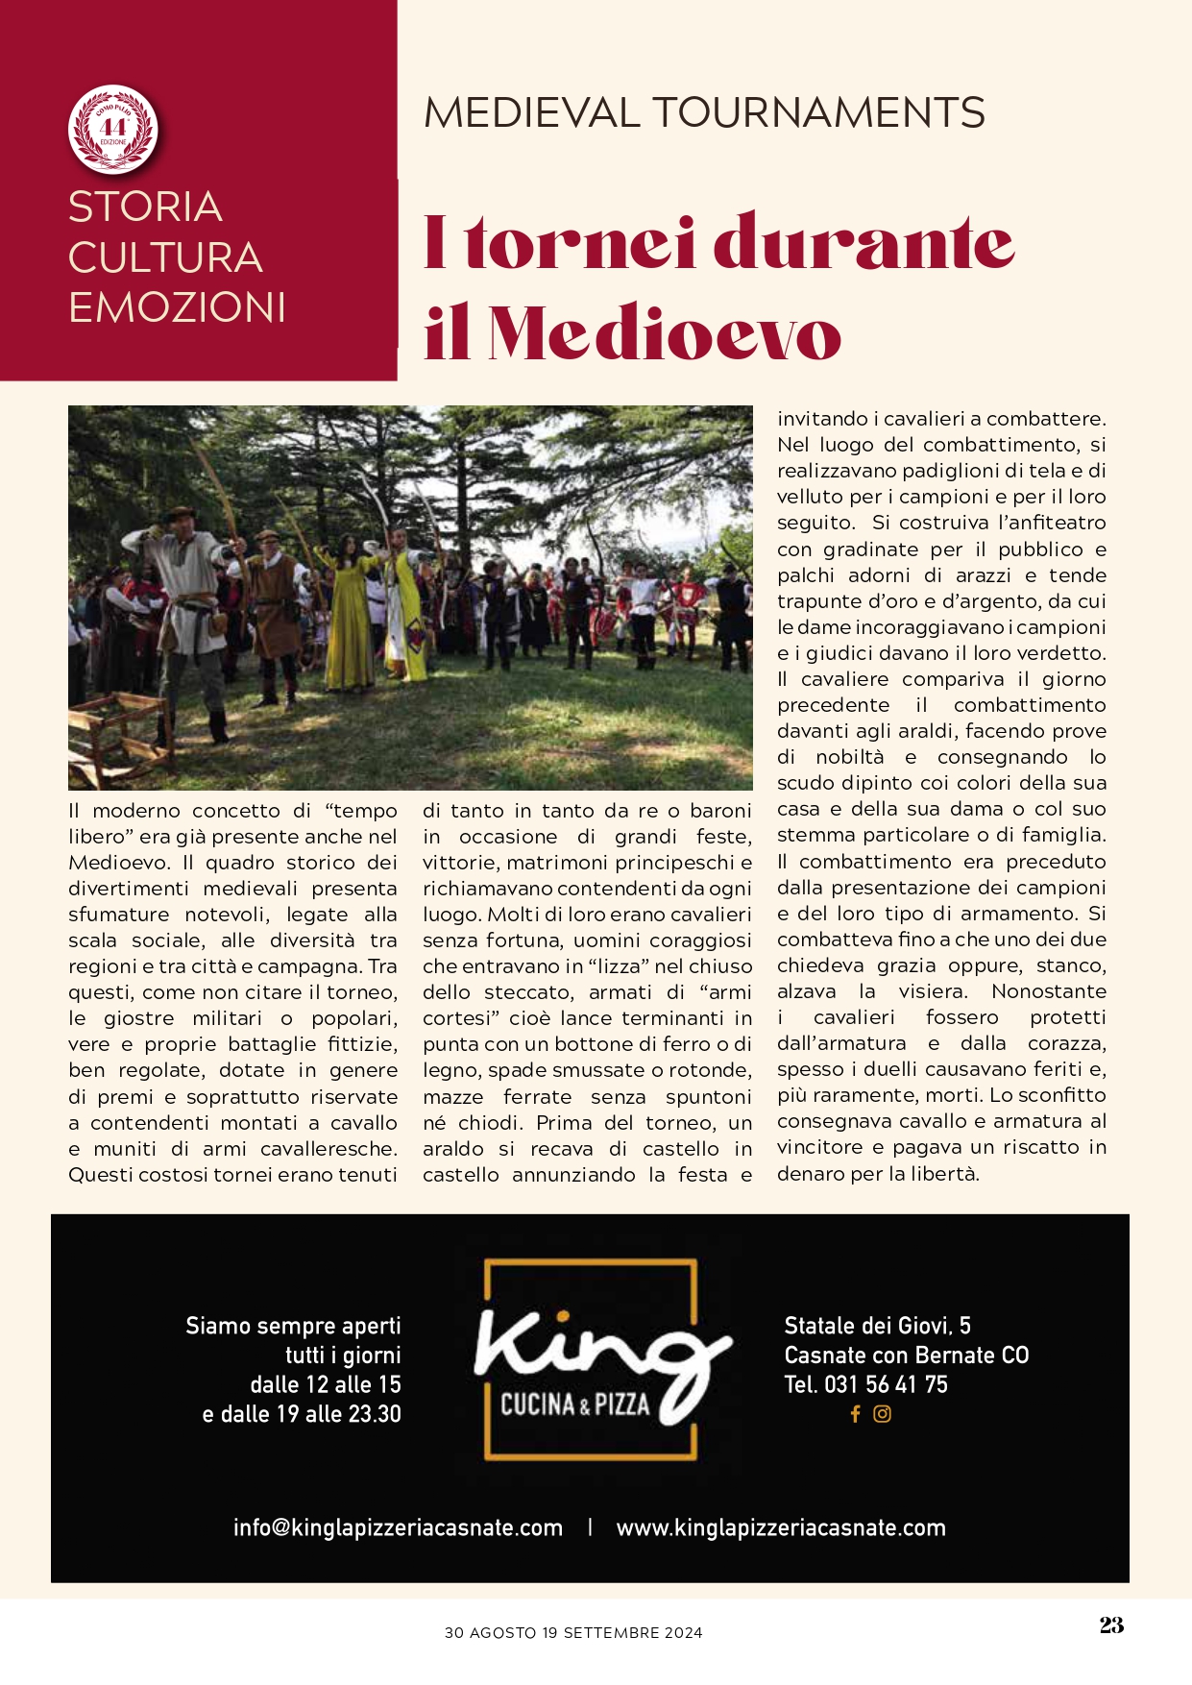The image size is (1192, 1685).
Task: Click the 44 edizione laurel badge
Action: point(113,129)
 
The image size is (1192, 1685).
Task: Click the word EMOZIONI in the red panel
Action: point(177,307)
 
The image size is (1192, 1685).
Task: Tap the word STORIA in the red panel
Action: point(145,207)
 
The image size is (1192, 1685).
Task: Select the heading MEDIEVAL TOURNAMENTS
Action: point(704,113)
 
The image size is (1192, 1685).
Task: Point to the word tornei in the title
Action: point(581,244)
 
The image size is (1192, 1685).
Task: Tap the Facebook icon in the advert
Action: point(855,1414)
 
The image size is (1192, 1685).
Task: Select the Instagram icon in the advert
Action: point(882,1414)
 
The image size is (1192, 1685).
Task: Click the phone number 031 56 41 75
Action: point(886,1384)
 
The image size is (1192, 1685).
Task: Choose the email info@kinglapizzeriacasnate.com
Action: point(398,1527)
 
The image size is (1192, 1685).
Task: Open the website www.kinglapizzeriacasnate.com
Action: point(781,1527)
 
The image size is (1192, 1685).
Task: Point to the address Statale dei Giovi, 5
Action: point(877,1326)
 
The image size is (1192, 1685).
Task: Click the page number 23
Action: point(1111,1624)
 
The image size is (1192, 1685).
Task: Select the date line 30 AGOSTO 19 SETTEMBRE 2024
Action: point(573,1632)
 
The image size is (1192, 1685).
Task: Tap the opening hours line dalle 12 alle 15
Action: point(326,1384)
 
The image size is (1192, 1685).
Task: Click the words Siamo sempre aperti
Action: point(293,1326)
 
